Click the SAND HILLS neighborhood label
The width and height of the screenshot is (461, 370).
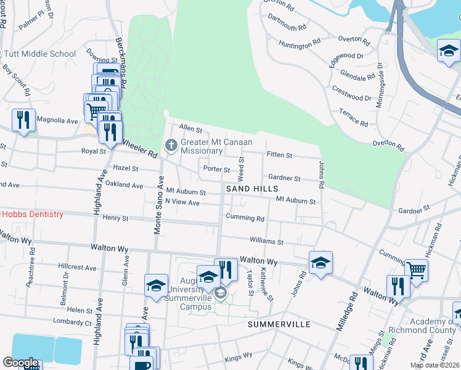point(252,189)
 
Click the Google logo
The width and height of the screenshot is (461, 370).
point(21,363)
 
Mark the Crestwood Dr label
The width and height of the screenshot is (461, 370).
point(351,97)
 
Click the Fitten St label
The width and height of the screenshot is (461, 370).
point(279,154)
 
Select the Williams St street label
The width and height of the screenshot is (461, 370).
point(266,241)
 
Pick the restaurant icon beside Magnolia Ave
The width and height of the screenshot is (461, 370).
point(23,120)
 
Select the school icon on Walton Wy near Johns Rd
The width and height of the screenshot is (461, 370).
point(320,263)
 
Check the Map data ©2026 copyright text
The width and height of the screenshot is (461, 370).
point(435,365)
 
